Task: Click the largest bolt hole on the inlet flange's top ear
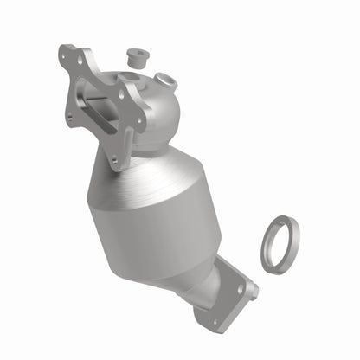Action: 67,55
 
